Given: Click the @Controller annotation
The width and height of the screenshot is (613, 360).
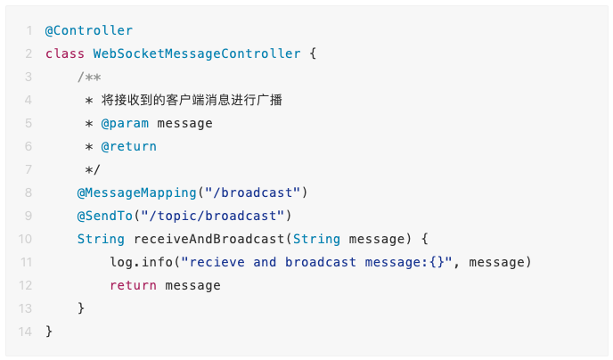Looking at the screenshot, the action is click(89, 30).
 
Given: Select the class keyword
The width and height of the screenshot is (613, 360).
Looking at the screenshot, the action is click(65, 53).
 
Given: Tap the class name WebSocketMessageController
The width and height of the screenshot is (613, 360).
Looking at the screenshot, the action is click(197, 53).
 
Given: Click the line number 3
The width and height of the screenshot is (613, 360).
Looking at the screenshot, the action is click(29, 77).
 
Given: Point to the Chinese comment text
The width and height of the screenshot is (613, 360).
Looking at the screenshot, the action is click(192, 100).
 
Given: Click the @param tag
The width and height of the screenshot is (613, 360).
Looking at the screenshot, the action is click(125, 124).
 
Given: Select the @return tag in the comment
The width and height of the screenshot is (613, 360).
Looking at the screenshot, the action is click(128, 146).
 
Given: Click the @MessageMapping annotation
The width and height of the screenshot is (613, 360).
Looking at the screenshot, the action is click(137, 192).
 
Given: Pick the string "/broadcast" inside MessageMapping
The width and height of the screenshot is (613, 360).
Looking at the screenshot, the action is click(252, 192).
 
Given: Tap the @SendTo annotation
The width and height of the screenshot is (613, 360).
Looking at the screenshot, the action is click(105, 216).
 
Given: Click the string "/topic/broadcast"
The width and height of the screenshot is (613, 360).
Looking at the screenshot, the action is click(213, 216).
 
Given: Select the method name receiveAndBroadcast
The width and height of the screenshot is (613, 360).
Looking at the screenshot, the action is click(209, 239).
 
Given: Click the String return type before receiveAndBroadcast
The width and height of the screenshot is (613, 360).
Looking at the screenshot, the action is click(101, 239).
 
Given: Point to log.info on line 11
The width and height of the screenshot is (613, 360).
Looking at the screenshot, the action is click(141, 262).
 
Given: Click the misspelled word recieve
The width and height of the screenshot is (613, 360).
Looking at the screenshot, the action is click(217, 262).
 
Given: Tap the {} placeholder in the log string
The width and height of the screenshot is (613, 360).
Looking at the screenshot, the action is click(437, 262).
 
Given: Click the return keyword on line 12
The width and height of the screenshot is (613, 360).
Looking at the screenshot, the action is click(133, 285).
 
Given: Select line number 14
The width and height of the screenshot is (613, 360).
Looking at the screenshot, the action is click(25, 331).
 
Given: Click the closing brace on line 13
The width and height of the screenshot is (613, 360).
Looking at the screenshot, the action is click(81, 308).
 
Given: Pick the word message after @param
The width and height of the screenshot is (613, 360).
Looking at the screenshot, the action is click(185, 124).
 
